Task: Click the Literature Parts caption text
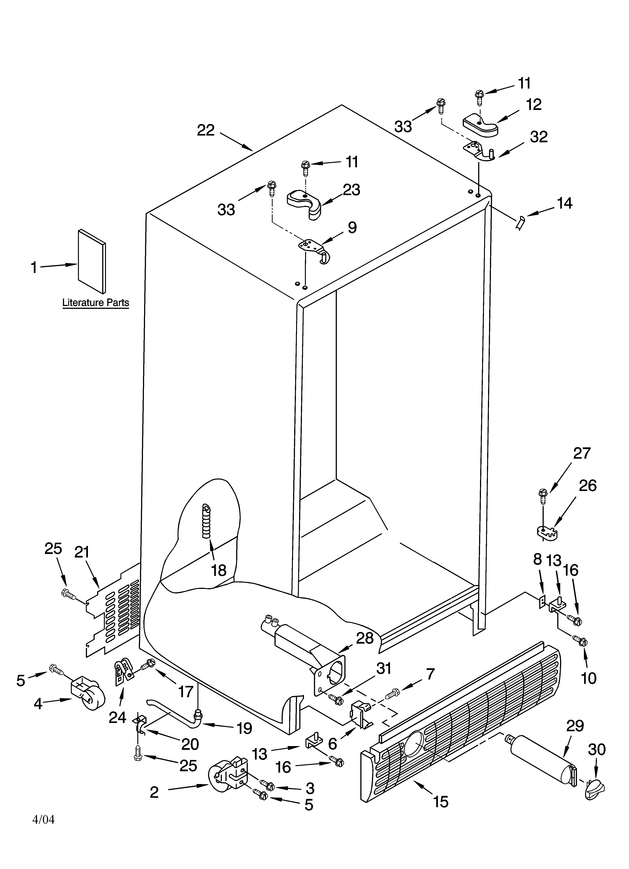click(x=95, y=303)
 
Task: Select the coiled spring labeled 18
click(x=207, y=522)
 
